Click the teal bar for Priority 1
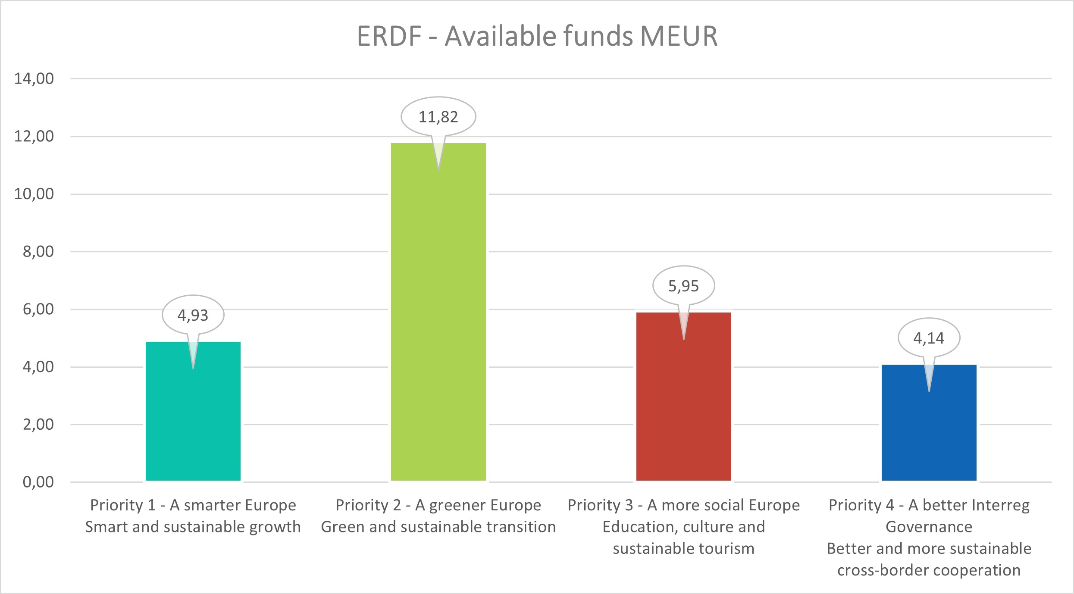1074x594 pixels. coord(193,422)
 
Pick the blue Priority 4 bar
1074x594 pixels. coord(929,431)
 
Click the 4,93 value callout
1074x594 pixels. coord(193,315)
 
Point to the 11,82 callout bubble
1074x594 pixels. coord(438,117)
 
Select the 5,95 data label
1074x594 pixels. coord(683,286)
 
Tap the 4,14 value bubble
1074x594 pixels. coord(929,338)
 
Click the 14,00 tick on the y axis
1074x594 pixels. coord(34,78)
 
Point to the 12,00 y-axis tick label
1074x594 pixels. coord(34,136)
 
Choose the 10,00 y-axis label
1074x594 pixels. coord(34,194)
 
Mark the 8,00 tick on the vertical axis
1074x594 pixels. coord(38,251)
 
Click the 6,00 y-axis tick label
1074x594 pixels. coord(38,309)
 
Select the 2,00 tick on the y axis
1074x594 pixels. coord(38,424)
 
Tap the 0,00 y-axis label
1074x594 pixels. coord(38,482)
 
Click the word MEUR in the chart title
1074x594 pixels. coord(679,36)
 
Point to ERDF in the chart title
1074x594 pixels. coord(389,36)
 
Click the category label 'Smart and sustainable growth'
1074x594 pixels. coord(193,527)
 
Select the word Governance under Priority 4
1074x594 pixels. coord(929,527)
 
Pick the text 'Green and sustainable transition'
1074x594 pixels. coord(438,527)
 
